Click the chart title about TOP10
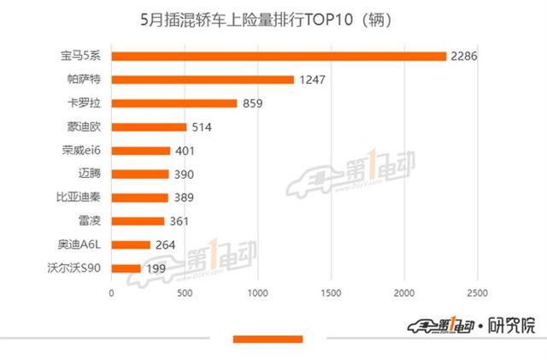[x=273, y=18]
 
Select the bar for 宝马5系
[x=279, y=56]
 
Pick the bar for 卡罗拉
[x=174, y=103]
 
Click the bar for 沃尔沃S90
[x=126, y=269]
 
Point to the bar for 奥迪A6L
[x=131, y=245]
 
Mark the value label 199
[x=156, y=269]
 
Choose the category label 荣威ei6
[x=79, y=150]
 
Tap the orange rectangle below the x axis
[x=268, y=339]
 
